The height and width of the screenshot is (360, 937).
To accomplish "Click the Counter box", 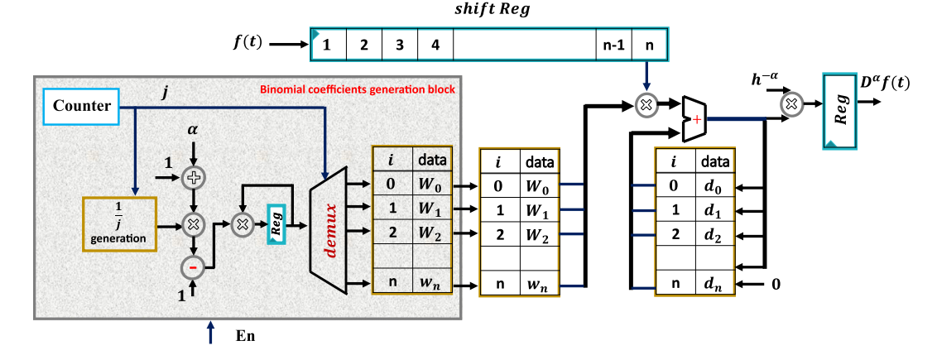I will pyautogui.click(x=81, y=107).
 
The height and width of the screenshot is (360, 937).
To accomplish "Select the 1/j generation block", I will pyautogui.click(x=119, y=222).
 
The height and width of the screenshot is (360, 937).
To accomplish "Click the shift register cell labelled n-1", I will pyautogui.click(x=613, y=45).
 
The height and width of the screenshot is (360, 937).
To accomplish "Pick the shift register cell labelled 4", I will pyautogui.click(x=435, y=45).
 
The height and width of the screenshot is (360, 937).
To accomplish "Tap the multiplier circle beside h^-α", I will pyautogui.click(x=791, y=104).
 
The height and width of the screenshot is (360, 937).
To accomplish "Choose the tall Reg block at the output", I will pyautogui.click(x=840, y=109).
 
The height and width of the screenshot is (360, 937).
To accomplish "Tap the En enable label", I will pyautogui.click(x=246, y=337).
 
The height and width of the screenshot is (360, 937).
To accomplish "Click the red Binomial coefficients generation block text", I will pyautogui.click(x=357, y=89).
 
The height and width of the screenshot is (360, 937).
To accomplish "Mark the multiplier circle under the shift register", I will pyautogui.click(x=646, y=104).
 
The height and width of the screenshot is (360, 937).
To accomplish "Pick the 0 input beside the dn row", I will pyautogui.click(x=776, y=284).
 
